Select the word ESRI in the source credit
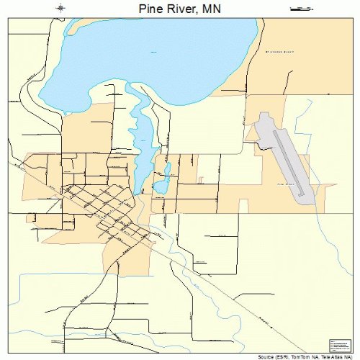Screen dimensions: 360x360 [278, 356]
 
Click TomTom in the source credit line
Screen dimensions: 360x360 [296, 356]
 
